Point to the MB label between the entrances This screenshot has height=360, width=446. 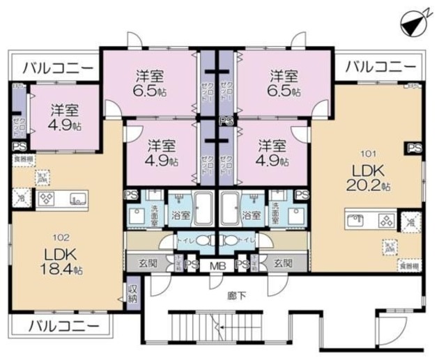[218, 265]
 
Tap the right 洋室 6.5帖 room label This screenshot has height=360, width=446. [284, 81]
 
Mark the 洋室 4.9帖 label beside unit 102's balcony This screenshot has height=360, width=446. [63, 116]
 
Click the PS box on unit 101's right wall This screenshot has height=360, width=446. [415, 148]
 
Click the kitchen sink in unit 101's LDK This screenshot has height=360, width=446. [360, 221]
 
